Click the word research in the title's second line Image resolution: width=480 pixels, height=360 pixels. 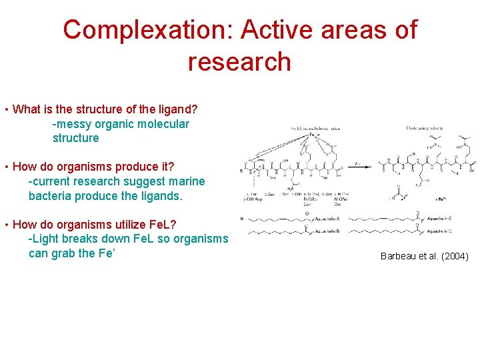point(239,62)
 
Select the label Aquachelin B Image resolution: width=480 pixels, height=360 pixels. point(327,231)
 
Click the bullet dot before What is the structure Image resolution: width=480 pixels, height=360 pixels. point(6,109)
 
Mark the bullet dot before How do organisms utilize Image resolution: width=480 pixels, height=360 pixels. point(6,225)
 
